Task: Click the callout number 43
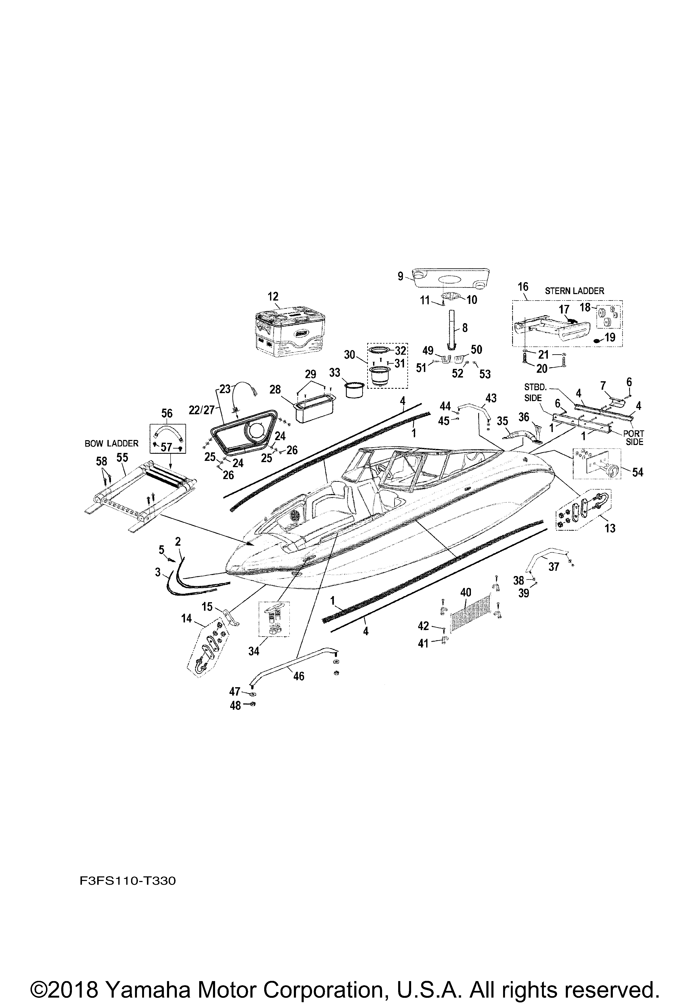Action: (x=491, y=398)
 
